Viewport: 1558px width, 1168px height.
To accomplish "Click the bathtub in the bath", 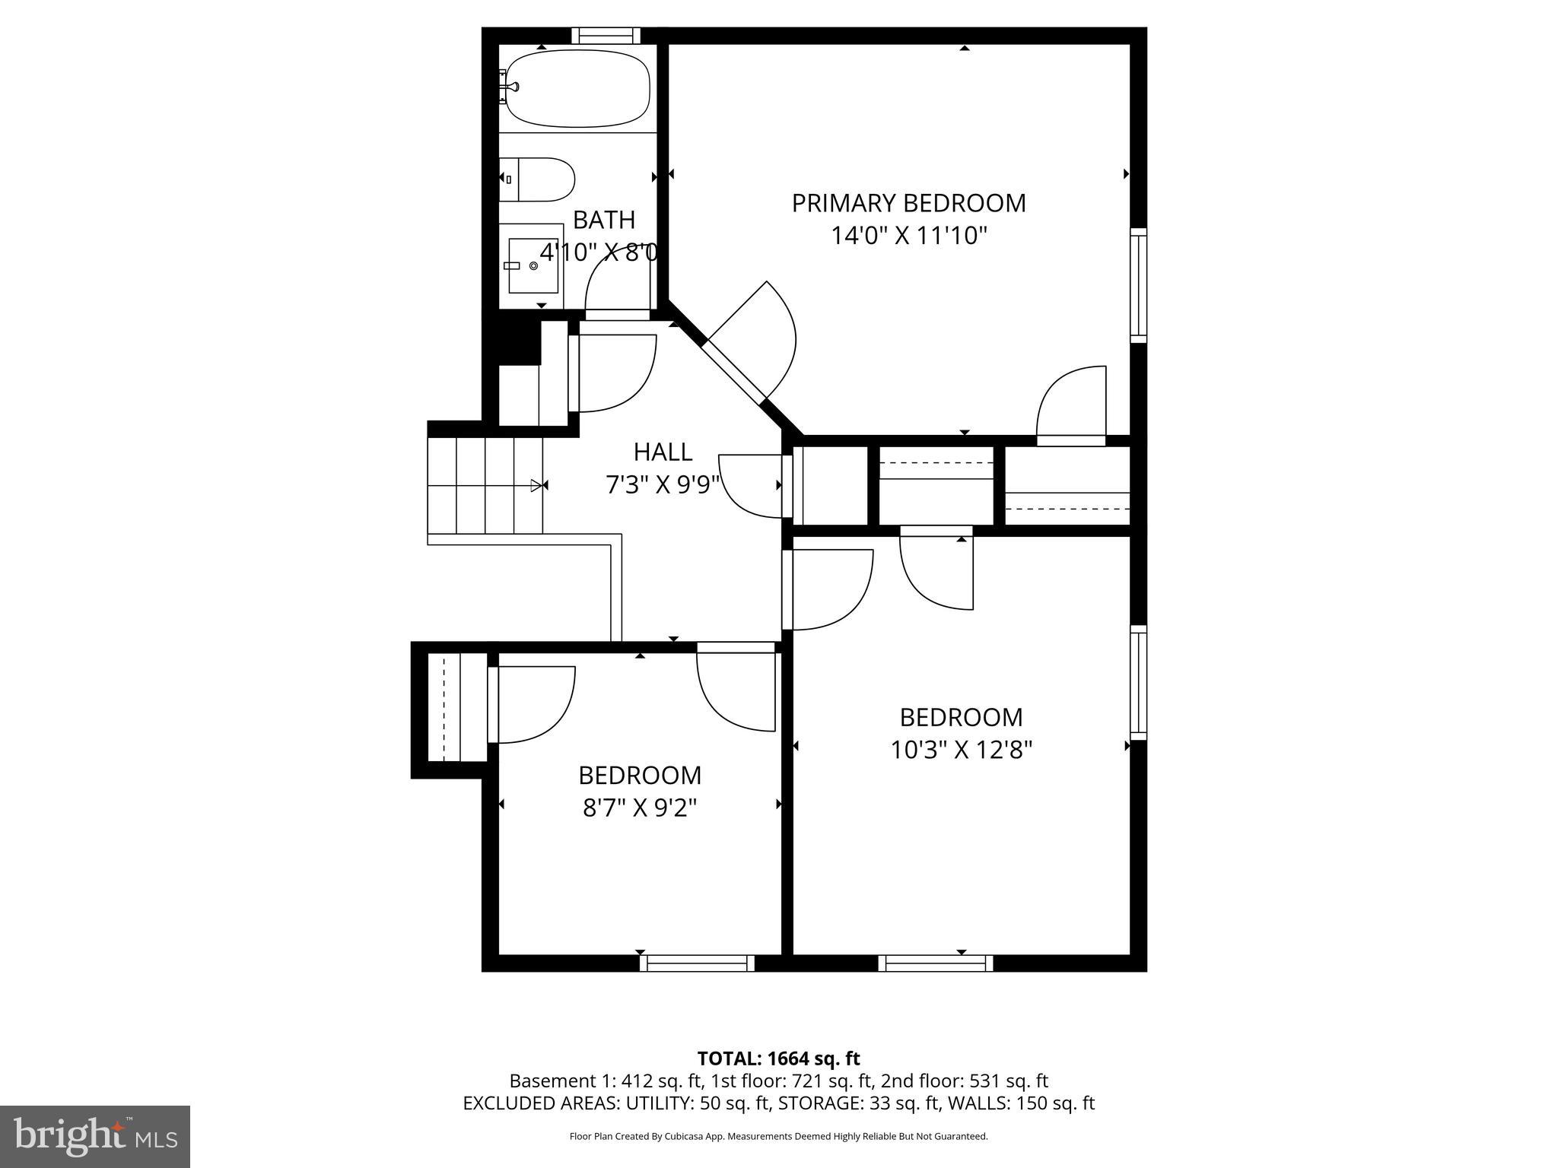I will (578, 88).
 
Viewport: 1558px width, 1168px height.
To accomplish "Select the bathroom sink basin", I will (533, 265).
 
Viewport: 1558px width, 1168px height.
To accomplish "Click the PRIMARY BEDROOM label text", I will (908, 203).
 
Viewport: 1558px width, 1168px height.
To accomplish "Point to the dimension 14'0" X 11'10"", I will (908, 236).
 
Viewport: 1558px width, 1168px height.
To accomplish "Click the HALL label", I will (663, 452).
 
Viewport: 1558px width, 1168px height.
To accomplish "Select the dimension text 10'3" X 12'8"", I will (961, 750).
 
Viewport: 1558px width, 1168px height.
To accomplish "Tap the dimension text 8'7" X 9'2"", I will (640, 808).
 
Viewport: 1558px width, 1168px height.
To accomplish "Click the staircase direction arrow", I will (537, 485).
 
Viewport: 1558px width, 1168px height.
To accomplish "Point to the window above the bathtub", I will (606, 35).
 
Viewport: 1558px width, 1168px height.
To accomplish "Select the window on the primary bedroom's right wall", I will (1138, 284).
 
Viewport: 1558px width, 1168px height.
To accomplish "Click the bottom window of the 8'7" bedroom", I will (697, 963).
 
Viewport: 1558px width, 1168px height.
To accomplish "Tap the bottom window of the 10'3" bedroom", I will (936, 963).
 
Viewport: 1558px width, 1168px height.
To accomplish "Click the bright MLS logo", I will (94, 1136).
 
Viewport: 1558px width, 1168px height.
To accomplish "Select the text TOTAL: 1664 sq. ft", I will (778, 1058).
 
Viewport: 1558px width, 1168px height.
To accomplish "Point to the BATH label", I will (603, 220).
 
